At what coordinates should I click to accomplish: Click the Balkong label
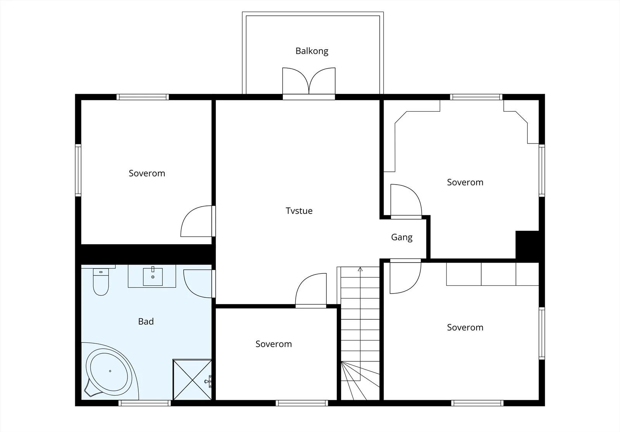[x=312, y=51]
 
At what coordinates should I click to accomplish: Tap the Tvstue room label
[x=299, y=211]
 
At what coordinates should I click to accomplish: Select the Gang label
[x=401, y=237]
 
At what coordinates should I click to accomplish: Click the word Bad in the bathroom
[x=146, y=321]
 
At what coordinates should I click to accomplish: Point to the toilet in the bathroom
[x=101, y=282]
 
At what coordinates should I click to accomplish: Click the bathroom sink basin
[x=153, y=276]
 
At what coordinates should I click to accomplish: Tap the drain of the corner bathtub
[x=110, y=371]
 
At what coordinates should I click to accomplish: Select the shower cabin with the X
[x=192, y=380]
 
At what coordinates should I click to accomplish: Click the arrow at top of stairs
[x=360, y=269]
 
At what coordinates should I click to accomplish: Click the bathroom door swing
[x=198, y=283]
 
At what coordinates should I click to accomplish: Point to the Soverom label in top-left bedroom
[x=147, y=173]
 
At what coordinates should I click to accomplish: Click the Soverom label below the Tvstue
[x=274, y=344]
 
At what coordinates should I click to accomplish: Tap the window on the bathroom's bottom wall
[x=145, y=403]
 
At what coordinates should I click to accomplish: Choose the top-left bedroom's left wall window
[x=78, y=170]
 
